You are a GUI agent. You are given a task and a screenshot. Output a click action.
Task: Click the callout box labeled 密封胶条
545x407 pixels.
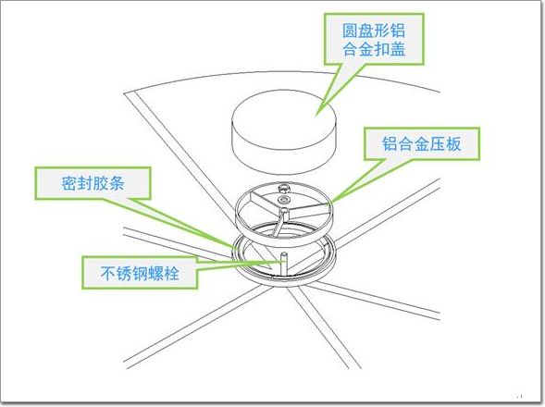pos(93,183)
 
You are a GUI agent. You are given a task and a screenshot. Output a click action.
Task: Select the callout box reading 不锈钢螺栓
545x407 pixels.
pos(140,273)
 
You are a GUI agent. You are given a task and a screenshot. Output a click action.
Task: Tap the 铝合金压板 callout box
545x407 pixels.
pos(422,143)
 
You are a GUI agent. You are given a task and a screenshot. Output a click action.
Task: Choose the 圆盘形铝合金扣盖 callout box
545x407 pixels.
pos(374,39)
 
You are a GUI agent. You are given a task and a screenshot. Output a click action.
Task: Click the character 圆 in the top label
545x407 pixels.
pos(350,31)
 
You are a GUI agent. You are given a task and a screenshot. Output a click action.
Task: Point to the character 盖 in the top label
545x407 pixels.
pos(397,48)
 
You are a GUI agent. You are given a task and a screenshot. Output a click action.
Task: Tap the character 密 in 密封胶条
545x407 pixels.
pos(69,183)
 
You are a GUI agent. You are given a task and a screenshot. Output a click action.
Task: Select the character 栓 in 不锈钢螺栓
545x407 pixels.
pos(171,273)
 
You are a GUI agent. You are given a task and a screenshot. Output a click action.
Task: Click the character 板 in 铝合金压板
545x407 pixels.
pos(453,143)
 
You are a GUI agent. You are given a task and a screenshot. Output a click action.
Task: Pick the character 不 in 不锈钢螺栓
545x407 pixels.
pos(108,273)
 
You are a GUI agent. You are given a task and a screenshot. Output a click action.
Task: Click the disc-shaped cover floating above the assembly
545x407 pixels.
pos(284,132)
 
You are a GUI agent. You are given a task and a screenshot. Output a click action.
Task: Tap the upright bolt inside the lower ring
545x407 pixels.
pos(283,263)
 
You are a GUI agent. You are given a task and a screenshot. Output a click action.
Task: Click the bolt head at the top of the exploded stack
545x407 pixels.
pos(285,188)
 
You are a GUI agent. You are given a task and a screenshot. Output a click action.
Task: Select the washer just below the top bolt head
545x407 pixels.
pos(285,200)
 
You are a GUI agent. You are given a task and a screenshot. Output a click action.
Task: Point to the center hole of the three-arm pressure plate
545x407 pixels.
pos(284,210)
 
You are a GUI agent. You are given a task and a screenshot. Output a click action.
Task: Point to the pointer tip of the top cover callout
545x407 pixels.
pos(316,115)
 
